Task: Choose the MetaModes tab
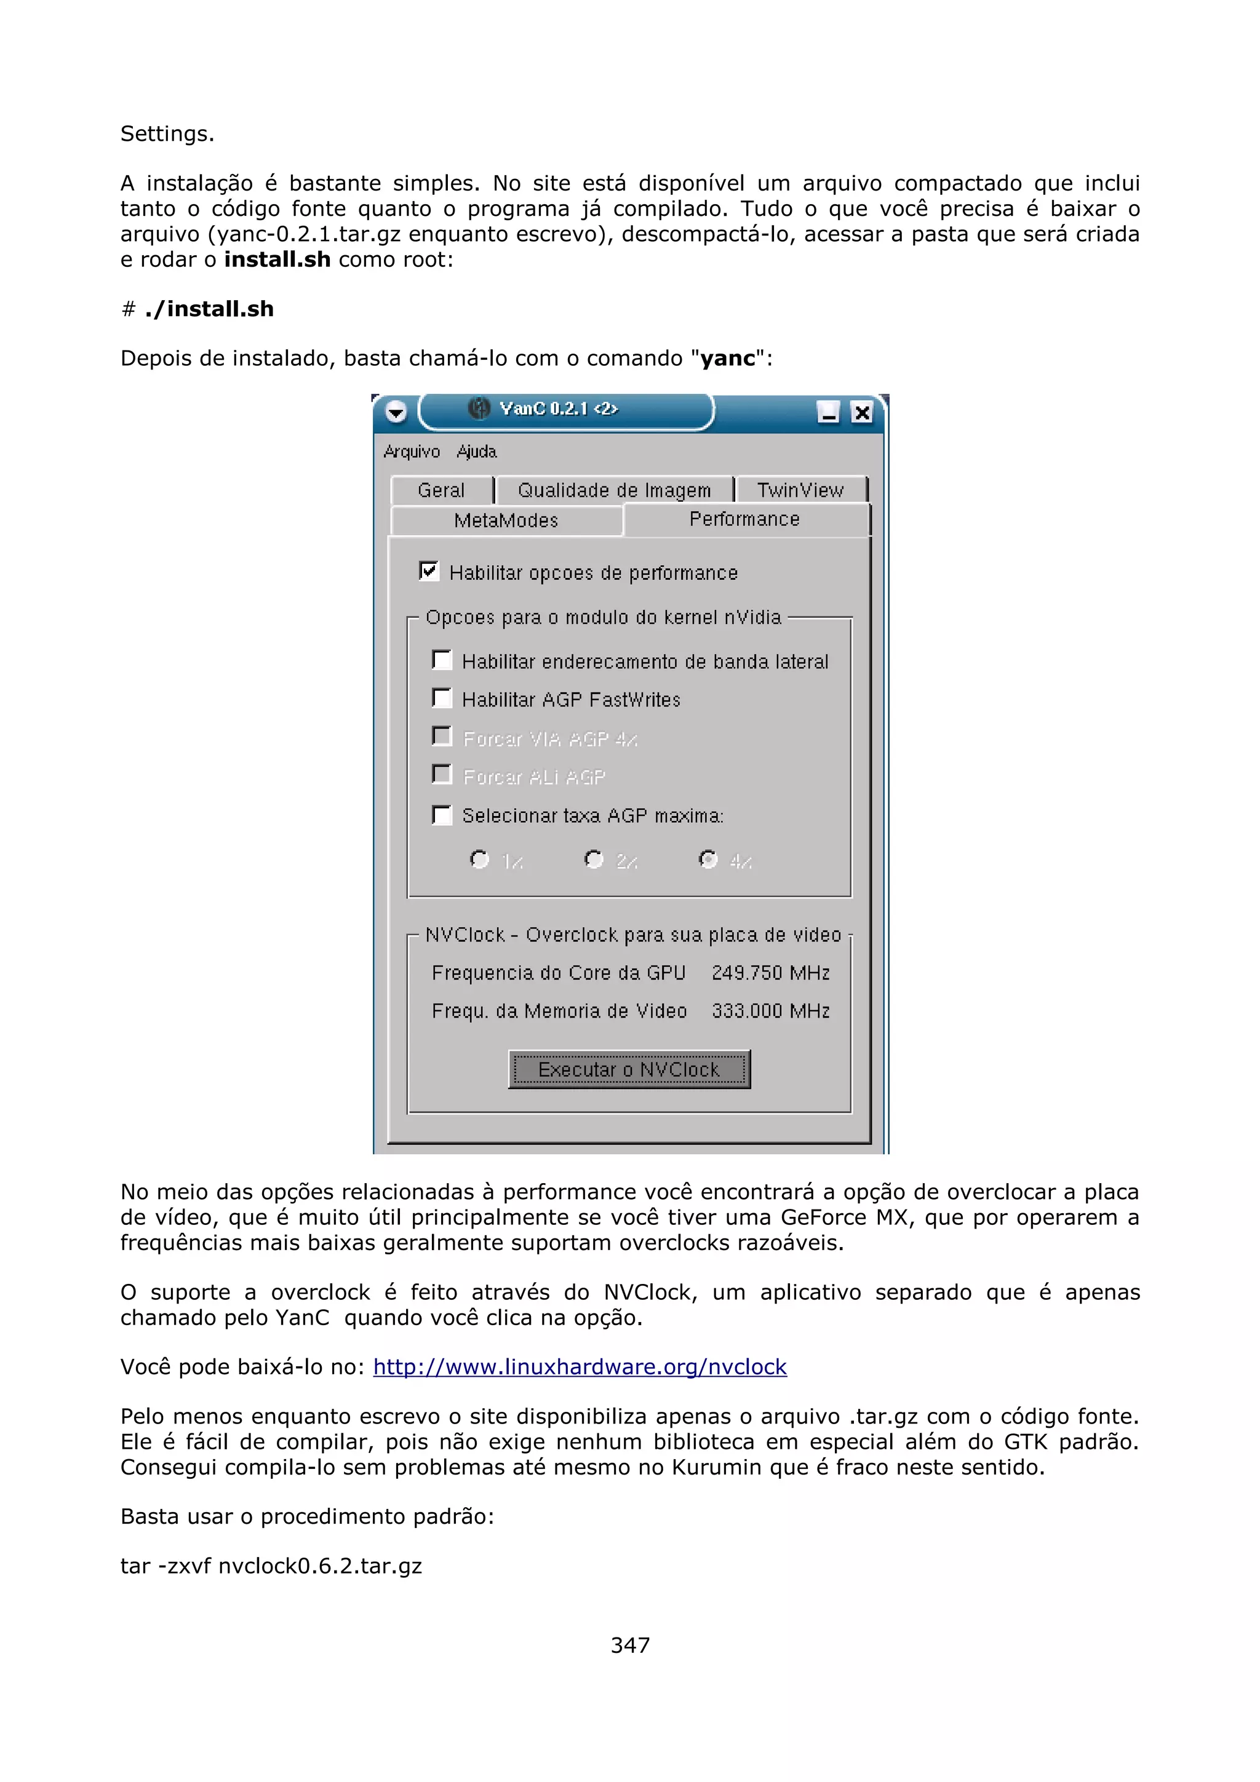click(506, 520)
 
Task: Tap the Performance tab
click(744, 519)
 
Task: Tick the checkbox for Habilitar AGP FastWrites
click(442, 699)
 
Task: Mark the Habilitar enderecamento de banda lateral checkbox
click(442, 660)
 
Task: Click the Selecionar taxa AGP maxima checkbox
click(442, 815)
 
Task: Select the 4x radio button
click(708, 859)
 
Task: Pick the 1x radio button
click(480, 859)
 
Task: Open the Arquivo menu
click(412, 452)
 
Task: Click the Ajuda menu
click(477, 452)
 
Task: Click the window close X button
click(861, 412)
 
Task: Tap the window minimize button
click(828, 412)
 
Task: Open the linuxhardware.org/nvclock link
click(580, 1367)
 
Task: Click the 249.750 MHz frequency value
click(771, 973)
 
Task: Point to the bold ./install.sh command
click(209, 309)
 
